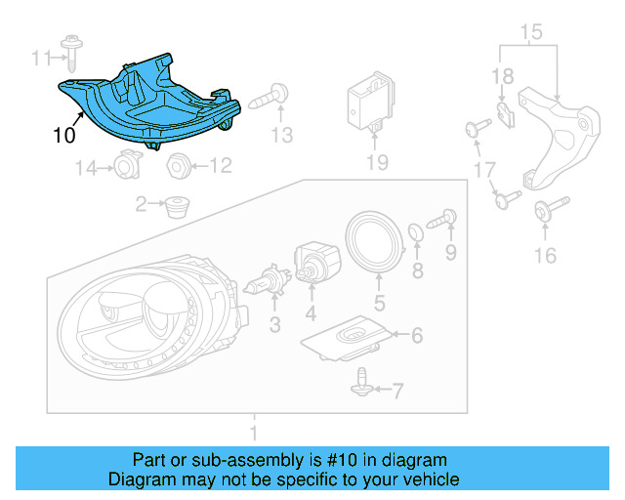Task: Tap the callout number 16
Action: coord(544,256)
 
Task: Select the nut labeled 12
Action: coord(178,165)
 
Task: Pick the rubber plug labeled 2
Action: coord(177,206)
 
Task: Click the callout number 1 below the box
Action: coord(254,431)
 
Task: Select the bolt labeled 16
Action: coord(544,210)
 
